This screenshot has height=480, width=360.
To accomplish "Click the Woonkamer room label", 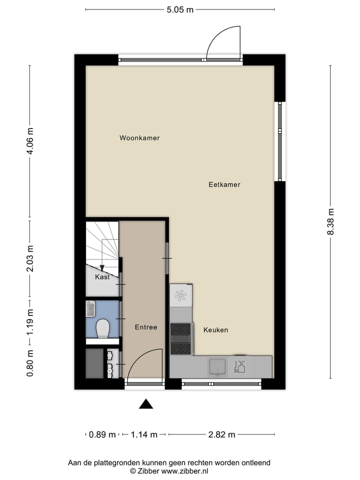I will (139, 138).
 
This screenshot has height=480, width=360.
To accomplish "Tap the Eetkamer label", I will (224, 184).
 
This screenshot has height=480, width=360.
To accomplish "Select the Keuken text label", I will (215, 330).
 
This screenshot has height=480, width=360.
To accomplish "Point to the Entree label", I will (146, 327).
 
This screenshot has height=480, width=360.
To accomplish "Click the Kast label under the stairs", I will (102, 277).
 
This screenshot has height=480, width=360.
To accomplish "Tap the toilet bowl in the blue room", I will (102, 328).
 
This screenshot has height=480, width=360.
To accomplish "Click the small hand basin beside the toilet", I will (90, 309).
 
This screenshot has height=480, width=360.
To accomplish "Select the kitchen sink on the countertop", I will (218, 366).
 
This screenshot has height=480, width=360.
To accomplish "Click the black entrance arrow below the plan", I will (145, 404).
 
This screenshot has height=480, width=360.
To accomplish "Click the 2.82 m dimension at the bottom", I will (221, 434).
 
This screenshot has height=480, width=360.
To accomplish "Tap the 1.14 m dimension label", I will (144, 434).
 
